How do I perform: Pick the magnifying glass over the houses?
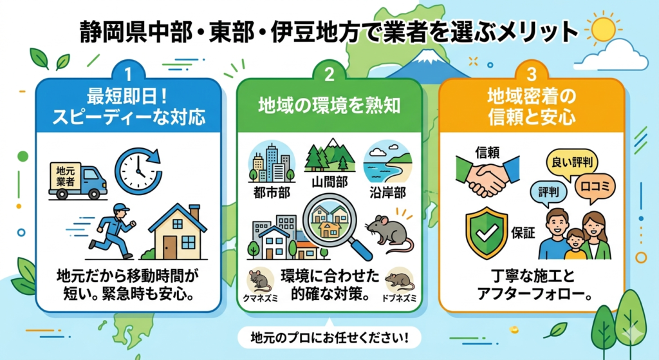point(332,223)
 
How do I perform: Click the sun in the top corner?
point(603,29)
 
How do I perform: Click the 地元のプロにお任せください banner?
point(329,337)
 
